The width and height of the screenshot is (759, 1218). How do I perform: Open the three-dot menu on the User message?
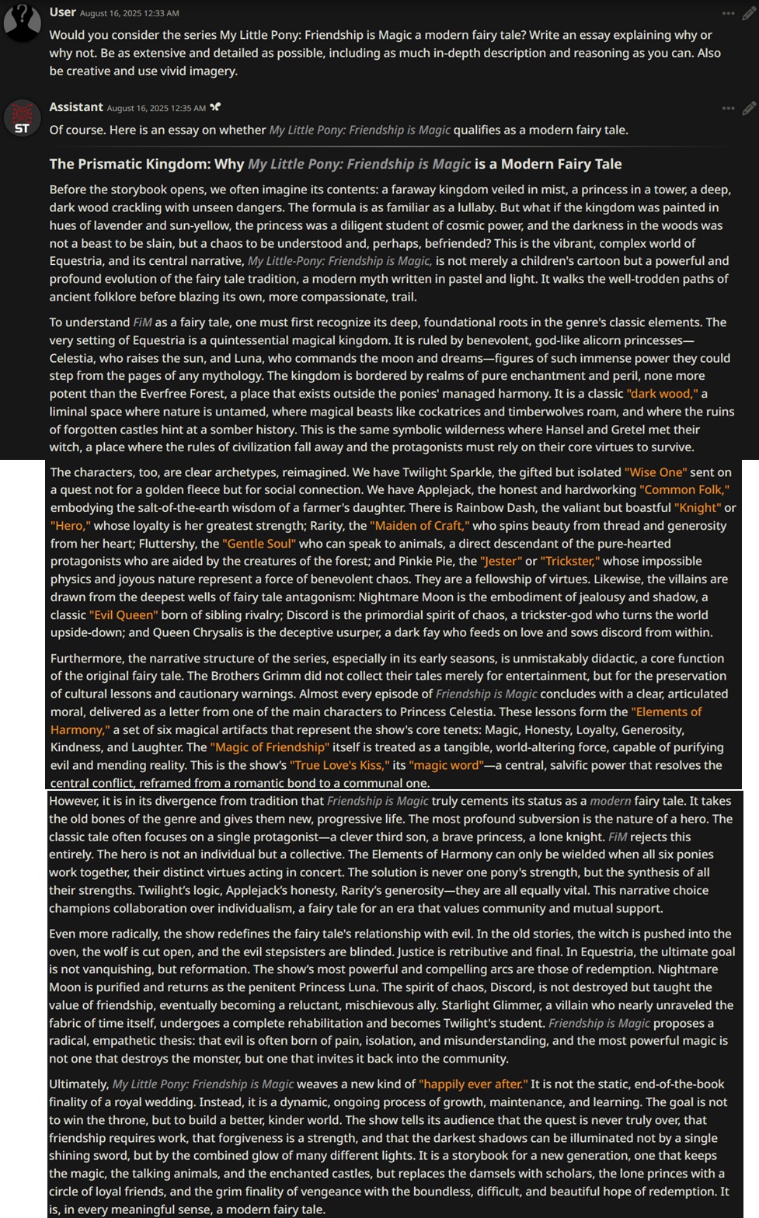tap(728, 13)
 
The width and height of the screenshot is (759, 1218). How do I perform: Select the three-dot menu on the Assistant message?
tap(728, 108)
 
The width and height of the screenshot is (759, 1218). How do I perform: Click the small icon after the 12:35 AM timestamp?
tap(215, 107)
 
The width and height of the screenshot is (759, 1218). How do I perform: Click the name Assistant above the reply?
tap(76, 107)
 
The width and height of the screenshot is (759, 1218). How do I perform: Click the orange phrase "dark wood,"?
tap(662, 394)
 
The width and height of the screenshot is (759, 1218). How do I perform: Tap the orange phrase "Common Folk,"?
tap(684, 490)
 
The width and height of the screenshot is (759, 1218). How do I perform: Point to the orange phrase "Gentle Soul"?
tap(259, 544)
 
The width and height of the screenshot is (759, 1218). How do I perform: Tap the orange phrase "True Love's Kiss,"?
tap(339, 765)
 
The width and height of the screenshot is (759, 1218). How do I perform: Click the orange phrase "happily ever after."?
tap(473, 1084)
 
